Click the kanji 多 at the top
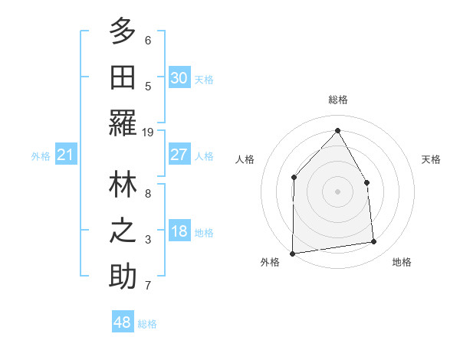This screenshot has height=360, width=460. [x=123, y=32]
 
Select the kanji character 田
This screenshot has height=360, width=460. [x=123, y=77]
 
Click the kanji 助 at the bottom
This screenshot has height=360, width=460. [x=123, y=277]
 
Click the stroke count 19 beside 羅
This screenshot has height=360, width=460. [x=148, y=133]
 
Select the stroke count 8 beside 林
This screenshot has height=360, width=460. [x=148, y=194]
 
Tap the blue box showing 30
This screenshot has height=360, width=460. [x=179, y=78]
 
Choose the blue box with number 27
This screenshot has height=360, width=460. [x=179, y=155]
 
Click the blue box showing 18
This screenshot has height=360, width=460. [x=179, y=232]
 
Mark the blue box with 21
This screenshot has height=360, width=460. [x=66, y=155]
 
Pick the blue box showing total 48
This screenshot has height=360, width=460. [x=122, y=323]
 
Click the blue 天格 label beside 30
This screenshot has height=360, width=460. [x=204, y=80]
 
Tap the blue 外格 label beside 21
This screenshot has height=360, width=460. [x=41, y=156]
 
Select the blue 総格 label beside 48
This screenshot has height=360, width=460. [x=147, y=324]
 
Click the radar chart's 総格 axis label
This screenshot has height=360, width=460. [x=337, y=100]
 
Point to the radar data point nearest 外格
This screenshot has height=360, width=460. [x=293, y=253]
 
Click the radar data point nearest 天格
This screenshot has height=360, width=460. [x=366, y=182]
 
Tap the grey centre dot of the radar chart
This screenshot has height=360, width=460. [x=337, y=191]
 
